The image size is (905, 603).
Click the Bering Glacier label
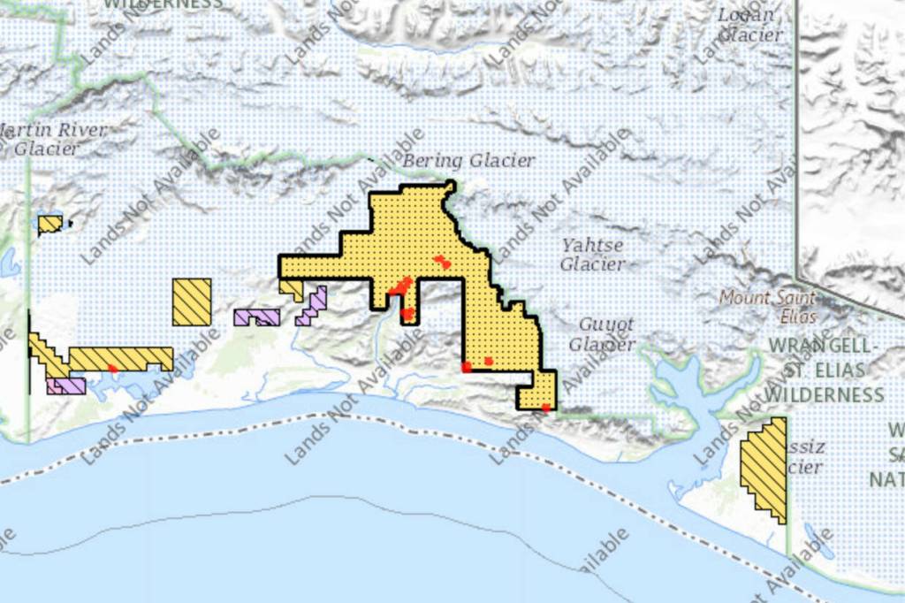click(x=468, y=161)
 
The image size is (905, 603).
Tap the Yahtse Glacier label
click(x=592, y=255)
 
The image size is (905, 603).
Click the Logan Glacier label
click(x=749, y=25)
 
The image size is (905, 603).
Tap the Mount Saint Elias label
click(x=768, y=306)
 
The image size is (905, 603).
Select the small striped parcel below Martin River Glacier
click(x=50, y=224)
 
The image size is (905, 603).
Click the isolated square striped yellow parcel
click(x=192, y=301)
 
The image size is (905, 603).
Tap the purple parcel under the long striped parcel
click(x=67, y=385)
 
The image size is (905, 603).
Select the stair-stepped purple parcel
click(x=313, y=304)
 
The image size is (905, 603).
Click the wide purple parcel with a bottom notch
click(x=256, y=316)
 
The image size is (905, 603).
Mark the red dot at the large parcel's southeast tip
click(x=546, y=408)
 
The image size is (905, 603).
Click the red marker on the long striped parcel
click(x=112, y=368)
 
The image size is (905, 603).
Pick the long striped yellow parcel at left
click(x=115, y=358)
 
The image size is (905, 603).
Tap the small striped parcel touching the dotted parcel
click(x=292, y=288)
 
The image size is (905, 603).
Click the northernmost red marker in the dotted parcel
click(x=441, y=261)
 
